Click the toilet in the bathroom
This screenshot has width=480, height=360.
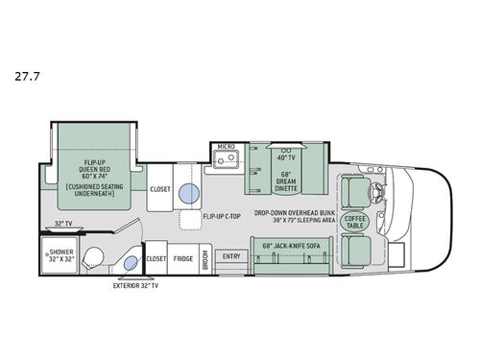(95, 259)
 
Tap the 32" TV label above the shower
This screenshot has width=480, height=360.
(62, 224)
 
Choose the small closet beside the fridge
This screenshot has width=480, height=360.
(156, 258)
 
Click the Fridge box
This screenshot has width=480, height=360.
(183, 258)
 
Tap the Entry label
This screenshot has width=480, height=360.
(231, 256)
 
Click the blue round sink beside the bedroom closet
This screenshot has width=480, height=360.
(190, 193)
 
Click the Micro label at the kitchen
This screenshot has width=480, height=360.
(227, 148)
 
